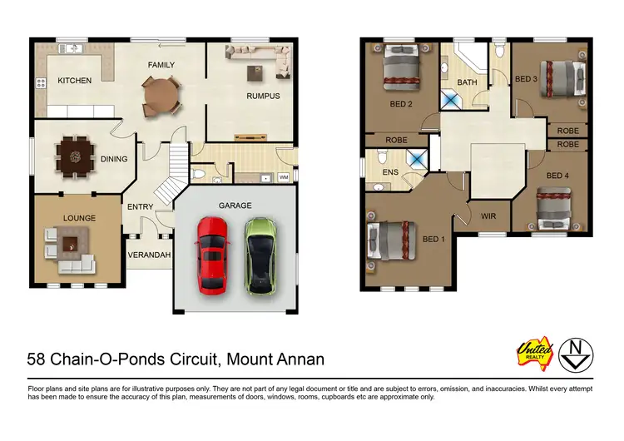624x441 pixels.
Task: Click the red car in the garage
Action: pyautogui.click(x=212, y=254)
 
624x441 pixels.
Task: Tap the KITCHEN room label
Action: pyautogui.click(x=74, y=81)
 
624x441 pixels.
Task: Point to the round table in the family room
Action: pyautogui.click(x=161, y=94)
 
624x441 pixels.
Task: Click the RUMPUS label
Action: pyautogui.click(x=262, y=96)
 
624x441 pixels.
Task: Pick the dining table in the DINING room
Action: pyautogui.click(x=75, y=154)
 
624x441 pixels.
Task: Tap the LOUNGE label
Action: pyautogui.click(x=80, y=218)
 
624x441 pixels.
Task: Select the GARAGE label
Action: pyautogui.click(x=235, y=206)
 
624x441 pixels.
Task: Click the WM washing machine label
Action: pyautogui.click(x=283, y=177)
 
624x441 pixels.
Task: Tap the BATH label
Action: pyautogui.click(x=467, y=82)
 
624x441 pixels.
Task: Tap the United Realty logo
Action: pyautogui.click(x=535, y=354)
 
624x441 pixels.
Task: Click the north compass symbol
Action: pyautogui.click(x=576, y=354)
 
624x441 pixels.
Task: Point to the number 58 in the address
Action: pyautogui.click(x=37, y=359)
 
